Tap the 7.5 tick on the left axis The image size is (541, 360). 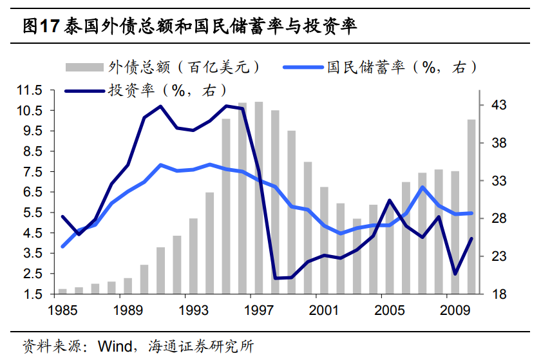tap(31, 172)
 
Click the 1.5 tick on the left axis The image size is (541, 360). tap(31, 294)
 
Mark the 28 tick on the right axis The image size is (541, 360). tap(500, 219)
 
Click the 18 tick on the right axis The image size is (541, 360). tap(500, 295)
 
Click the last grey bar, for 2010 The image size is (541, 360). tap(471, 207)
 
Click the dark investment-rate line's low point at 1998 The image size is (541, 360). tap(275, 278)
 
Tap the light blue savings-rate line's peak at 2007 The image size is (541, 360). tap(422, 187)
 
